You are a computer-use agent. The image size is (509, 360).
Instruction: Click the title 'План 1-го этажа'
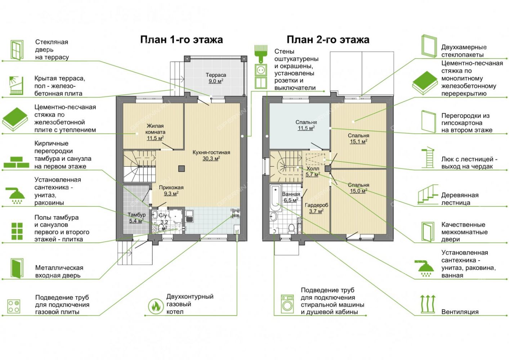[x=181, y=40]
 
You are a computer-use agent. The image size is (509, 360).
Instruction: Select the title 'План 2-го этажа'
[x=328, y=40]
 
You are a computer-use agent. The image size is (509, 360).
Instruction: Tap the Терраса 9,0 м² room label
[x=216, y=78]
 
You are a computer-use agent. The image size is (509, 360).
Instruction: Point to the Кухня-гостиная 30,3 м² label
[x=211, y=156]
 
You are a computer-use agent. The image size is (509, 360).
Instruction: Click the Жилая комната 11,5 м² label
[x=155, y=132]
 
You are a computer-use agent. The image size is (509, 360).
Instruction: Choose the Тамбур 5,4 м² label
[x=136, y=217]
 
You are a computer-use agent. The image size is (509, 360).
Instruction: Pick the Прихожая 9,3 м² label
[x=171, y=190]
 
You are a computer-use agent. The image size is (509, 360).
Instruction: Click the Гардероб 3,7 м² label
[x=316, y=208]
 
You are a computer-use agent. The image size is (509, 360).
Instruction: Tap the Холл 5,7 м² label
[x=313, y=171]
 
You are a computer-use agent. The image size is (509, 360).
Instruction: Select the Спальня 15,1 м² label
[x=358, y=139]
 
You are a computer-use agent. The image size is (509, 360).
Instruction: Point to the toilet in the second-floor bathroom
[x=291, y=229]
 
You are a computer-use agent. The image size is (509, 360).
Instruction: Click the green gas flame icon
[x=156, y=306]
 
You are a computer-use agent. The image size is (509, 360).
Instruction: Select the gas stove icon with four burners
[x=14, y=306]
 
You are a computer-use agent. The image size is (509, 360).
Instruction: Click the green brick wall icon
[x=16, y=162]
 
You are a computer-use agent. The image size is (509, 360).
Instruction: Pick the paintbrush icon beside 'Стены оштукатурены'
[x=260, y=54]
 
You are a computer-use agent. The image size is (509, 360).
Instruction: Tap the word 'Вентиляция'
[x=460, y=312]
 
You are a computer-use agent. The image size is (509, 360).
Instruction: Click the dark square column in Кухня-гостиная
[x=181, y=168]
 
